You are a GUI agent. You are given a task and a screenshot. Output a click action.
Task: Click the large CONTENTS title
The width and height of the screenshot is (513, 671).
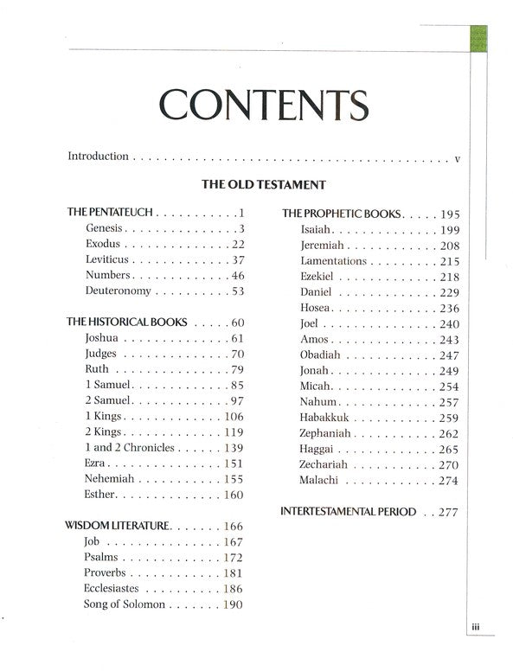coord(263,105)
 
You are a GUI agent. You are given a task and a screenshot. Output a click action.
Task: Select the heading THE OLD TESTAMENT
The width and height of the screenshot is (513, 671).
coord(263,184)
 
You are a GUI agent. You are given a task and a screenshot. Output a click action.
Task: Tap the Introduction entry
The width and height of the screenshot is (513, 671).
coord(98,157)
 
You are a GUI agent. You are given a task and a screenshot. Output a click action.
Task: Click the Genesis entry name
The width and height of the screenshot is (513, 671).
coord(105,228)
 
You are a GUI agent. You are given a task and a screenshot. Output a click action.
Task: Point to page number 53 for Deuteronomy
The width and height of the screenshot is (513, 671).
coord(237,291)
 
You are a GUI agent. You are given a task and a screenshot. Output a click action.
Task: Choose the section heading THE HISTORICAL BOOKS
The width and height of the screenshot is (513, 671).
coord(126,322)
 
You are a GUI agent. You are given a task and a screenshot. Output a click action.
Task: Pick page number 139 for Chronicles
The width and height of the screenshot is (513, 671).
coord(233,447)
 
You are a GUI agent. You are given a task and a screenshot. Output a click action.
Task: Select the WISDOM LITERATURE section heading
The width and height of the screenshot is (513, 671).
coord(118,525)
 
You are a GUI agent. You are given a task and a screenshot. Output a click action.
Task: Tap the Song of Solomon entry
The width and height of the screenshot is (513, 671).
coord(125,603)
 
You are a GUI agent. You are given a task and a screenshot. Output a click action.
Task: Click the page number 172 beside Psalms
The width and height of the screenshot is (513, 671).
coord(233,556)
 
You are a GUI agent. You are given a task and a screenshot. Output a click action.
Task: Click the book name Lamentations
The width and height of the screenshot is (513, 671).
coord(334,260)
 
